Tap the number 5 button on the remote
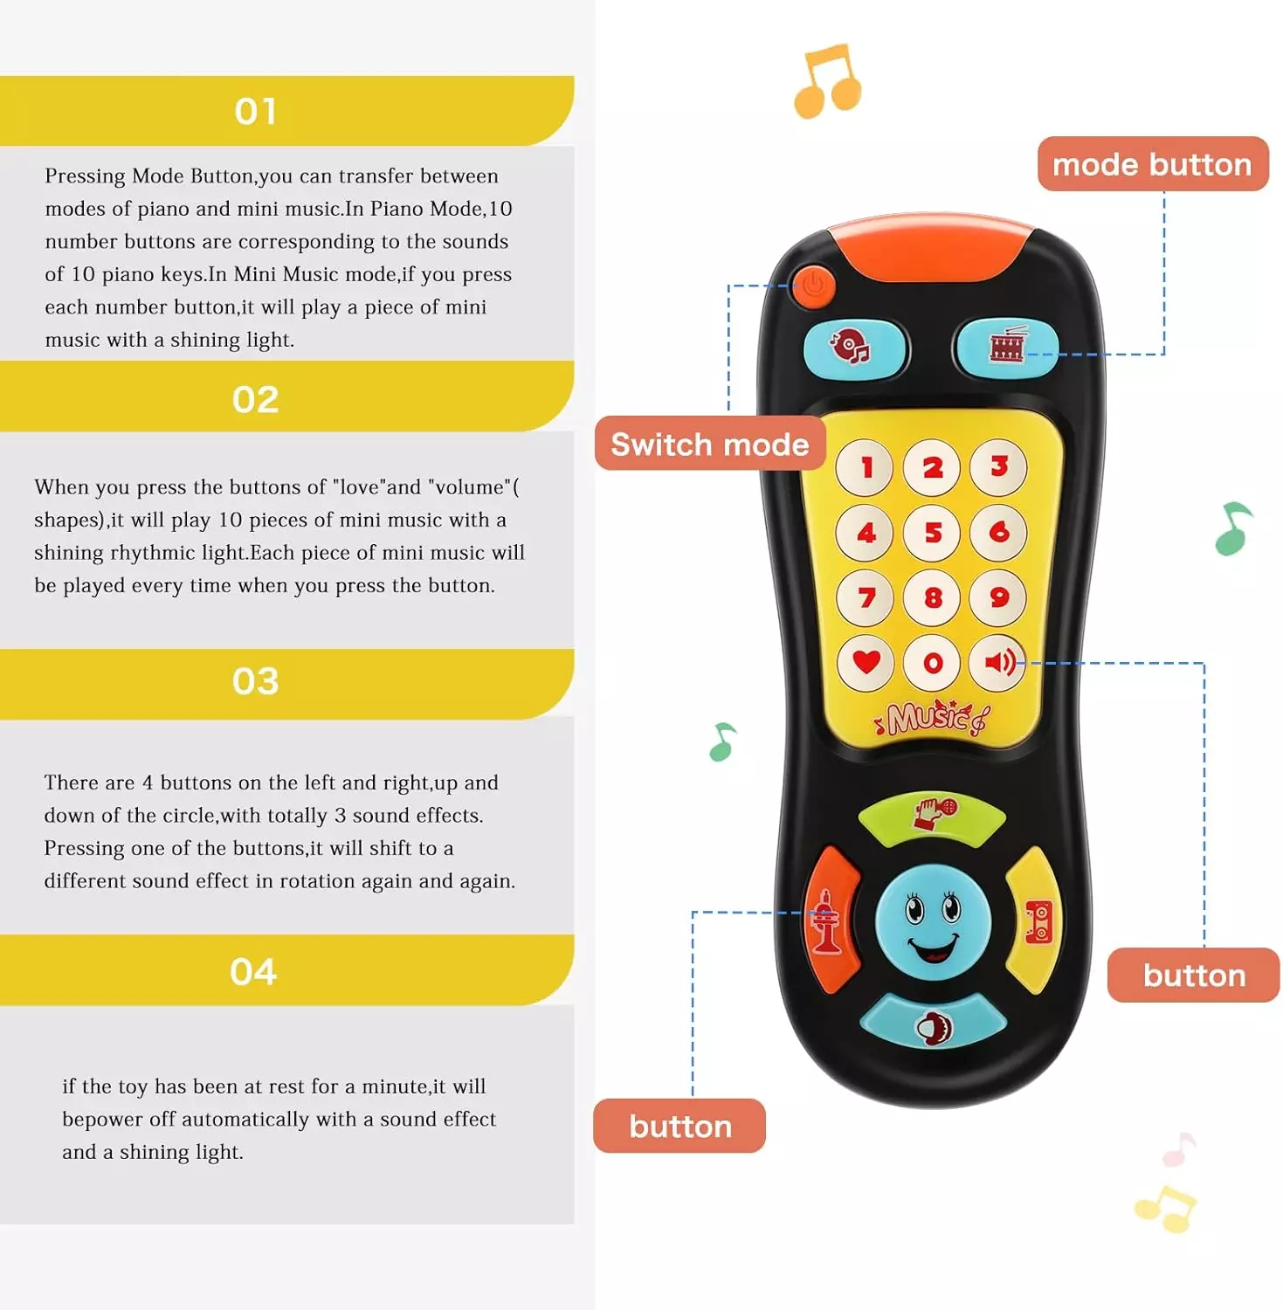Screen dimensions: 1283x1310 pyautogui.click(x=932, y=532)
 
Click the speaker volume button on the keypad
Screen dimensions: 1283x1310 pyautogui.click(x=998, y=663)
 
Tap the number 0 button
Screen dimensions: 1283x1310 pyautogui.click(x=932, y=663)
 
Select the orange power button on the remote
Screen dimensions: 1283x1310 pyautogui.click(x=813, y=285)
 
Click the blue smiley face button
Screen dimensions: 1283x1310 pyautogui.click(x=933, y=922)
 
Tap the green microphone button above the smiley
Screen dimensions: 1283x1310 pyautogui.click(x=932, y=817)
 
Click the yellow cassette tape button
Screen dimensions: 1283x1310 pyautogui.click(x=1036, y=920)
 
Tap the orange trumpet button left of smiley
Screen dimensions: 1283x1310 pyautogui.click(x=830, y=920)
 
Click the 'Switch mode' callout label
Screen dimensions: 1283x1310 pyautogui.click(x=710, y=444)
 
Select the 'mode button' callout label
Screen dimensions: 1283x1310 pyautogui.click(x=1152, y=164)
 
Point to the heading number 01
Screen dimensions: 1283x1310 pyautogui.click(x=255, y=111)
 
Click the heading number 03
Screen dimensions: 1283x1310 pyautogui.click(x=255, y=681)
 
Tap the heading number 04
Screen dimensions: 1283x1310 pyautogui.click(x=253, y=971)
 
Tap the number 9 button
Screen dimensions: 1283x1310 pyautogui.click(x=998, y=597)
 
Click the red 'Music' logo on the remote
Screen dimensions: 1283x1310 pyautogui.click(x=931, y=718)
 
